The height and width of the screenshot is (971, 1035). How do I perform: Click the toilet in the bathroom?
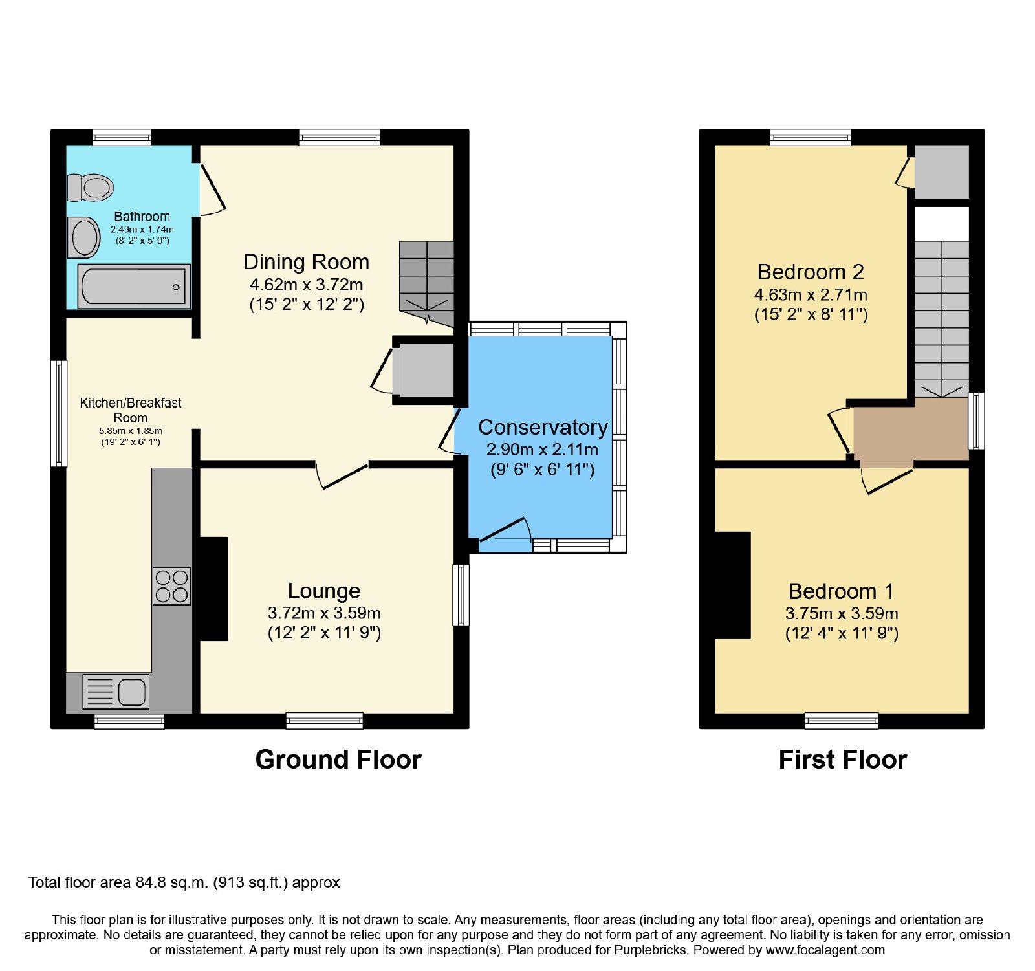tap(91, 188)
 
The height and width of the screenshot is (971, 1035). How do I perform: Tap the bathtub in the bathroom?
tap(134, 286)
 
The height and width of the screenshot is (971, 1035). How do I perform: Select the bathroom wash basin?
tap(84, 237)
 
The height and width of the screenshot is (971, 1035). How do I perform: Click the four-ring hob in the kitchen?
tap(171, 586)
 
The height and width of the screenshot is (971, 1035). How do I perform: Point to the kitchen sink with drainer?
tap(116, 691)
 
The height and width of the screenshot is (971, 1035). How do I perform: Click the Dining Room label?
tap(306, 262)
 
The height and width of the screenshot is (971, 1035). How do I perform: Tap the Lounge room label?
tap(324, 591)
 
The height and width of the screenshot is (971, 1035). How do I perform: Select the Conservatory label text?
tap(543, 428)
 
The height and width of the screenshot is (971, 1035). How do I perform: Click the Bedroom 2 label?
tap(811, 272)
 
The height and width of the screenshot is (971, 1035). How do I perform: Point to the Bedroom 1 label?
tap(841, 591)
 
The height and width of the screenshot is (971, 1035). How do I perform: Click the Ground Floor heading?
tap(338, 759)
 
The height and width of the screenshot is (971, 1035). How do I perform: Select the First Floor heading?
tap(843, 759)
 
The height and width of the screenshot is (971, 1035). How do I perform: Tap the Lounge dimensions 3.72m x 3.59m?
tap(324, 613)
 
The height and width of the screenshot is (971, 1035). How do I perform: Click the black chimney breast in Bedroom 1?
tap(732, 585)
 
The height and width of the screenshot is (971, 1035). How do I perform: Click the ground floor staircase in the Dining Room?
tap(426, 285)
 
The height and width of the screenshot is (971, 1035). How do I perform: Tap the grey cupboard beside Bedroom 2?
tap(942, 171)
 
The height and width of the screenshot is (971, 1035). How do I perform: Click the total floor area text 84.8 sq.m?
tap(184, 883)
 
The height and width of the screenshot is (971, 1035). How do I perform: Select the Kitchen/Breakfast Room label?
tap(131, 410)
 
